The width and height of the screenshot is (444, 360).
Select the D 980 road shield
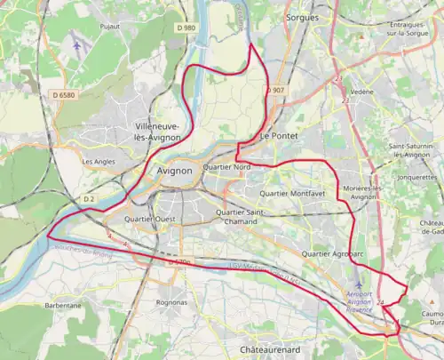tap(186, 28)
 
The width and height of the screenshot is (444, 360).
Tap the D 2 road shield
tap(88, 198)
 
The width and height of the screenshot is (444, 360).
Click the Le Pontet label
tap(276, 136)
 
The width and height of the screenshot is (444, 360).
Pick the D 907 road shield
tap(276, 91)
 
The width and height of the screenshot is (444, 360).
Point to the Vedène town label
tap(362, 92)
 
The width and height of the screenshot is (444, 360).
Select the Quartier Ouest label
tap(150, 219)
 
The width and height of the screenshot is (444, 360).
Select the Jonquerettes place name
tap(417, 177)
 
